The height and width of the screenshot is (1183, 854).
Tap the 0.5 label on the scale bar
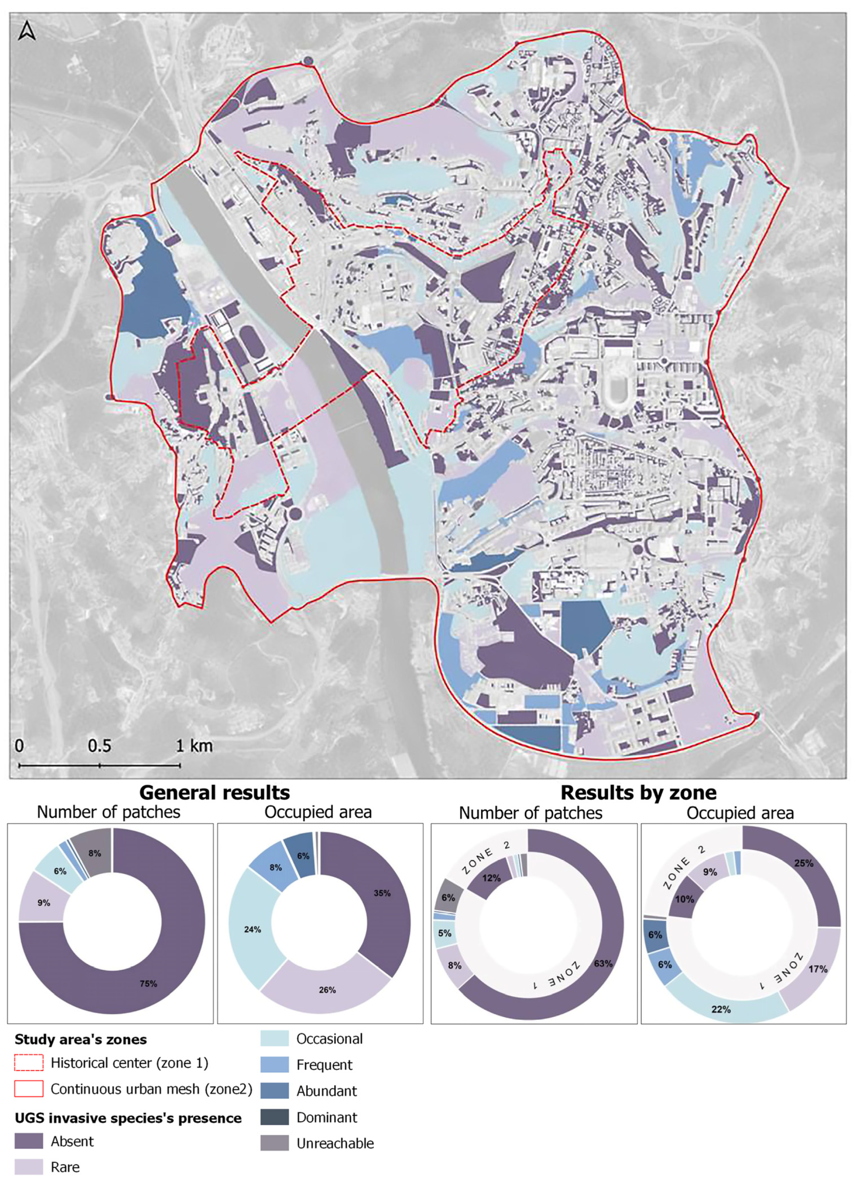point(99,746)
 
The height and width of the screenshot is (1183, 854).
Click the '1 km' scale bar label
point(194,746)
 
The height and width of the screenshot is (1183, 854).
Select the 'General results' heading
point(215,793)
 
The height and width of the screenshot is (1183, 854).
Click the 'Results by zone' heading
point(638,793)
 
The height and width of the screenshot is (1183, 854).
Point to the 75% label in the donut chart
point(148,984)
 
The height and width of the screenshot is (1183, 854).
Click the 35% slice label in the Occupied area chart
point(382,893)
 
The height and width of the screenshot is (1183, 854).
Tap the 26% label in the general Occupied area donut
point(327,990)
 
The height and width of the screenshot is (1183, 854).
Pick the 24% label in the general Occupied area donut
point(253,929)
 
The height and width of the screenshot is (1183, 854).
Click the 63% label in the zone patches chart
point(603,963)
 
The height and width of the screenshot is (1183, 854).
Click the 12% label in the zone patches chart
point(491,878)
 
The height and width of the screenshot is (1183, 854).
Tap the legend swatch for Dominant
point(275,1117)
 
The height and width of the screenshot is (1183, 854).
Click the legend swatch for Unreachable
point(275,1144)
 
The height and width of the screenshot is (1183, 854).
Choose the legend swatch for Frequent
point(275,1065)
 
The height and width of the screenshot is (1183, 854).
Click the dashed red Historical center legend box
point(29,1063)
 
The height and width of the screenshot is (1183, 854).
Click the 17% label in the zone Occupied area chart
point(818,968)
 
